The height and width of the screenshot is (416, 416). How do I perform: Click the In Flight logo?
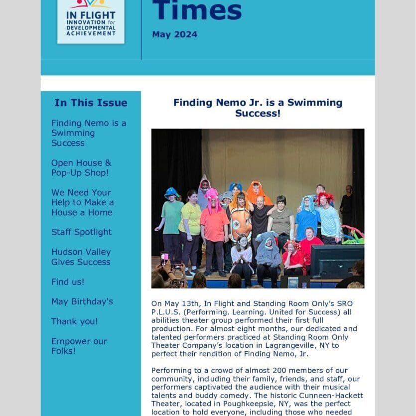point(91,21)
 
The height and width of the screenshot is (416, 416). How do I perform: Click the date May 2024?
point(174,34)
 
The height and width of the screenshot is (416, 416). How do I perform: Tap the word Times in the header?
point(197,10)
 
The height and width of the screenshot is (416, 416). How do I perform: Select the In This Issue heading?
point(91,103)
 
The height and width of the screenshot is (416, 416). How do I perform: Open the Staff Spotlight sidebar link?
point(81,232)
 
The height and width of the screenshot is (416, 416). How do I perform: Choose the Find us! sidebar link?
point(68,282)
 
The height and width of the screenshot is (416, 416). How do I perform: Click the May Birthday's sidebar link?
point(82,302)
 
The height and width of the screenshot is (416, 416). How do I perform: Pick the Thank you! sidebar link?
point(74,322)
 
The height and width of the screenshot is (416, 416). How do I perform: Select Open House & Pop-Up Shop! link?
point(81,168)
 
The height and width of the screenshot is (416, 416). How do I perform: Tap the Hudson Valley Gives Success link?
point(81,257)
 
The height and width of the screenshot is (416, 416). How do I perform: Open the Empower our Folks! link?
point(79,346)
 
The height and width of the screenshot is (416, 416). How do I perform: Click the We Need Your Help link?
point(82,202)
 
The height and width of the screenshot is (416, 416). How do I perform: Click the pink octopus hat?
point(212,196)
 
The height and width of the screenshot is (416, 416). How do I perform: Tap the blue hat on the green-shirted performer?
point(171,192)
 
